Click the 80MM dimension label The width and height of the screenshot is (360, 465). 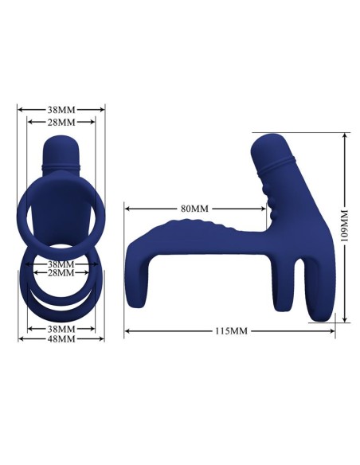(x=194, y=209)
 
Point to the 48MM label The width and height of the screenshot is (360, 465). (x=61, y=339)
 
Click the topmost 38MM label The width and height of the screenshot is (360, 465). (x=61, y=110)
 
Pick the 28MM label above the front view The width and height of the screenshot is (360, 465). (x=61, y=122)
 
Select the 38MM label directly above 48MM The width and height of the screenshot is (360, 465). (x=61, y=328)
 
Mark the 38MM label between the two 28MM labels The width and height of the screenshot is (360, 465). (x=61, y=264)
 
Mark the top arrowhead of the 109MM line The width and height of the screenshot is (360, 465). (x=345, y=136)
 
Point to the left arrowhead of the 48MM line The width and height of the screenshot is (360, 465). (x=21, y=339)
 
